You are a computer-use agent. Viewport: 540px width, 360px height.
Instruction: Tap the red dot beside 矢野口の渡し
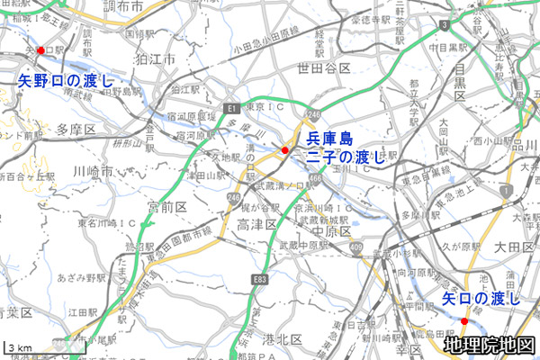tap(40, 50)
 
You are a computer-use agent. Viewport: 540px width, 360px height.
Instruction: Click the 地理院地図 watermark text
tap(490, 345)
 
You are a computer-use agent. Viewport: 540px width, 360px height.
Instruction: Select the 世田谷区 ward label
tap(322, 67)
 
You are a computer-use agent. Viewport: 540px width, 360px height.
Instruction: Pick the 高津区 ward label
tap(254, 222)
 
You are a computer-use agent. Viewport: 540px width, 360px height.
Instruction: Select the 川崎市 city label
tap(93, 171)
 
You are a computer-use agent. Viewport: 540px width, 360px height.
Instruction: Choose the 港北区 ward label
tap(282, 339)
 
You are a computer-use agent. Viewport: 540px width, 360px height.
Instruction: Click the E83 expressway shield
tap(261, 281)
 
